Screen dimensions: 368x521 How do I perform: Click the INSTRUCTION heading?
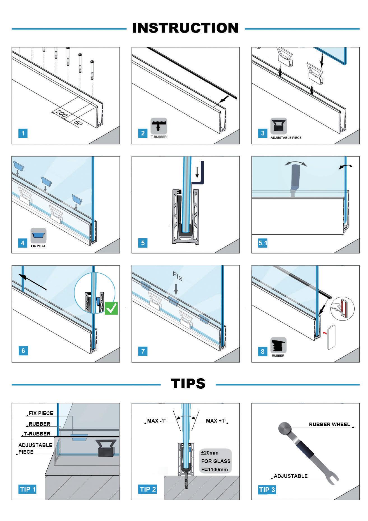tap(185, 28)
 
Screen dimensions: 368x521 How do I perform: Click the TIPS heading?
tap(188, 384)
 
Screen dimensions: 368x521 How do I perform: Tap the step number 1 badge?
tap(23, 133)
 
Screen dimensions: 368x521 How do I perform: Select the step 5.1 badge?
tap(263, 243)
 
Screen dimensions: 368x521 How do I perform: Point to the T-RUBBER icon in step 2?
tap(159, 125)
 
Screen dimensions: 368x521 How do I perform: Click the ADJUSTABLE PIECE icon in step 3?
tap(279, 126)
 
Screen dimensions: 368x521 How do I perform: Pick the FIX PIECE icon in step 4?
tap(38, 236)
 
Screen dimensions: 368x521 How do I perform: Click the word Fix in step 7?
tap(178, 276)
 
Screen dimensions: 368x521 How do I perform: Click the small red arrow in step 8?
tap(325, 333)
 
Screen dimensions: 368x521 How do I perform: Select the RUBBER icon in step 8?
tap(278, 345)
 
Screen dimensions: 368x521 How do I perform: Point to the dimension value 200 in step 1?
tap(61, 115)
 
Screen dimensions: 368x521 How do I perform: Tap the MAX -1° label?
tap(157, 421)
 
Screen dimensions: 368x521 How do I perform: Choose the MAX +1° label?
tap(216, 421)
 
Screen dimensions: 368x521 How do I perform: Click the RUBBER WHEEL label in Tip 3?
tap(329, 424)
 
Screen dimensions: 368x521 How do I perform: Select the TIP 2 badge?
tap(148, 489)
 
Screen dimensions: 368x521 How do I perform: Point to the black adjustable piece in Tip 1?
tap(106, 448)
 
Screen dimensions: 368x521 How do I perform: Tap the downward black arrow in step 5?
tap(197, 172)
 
